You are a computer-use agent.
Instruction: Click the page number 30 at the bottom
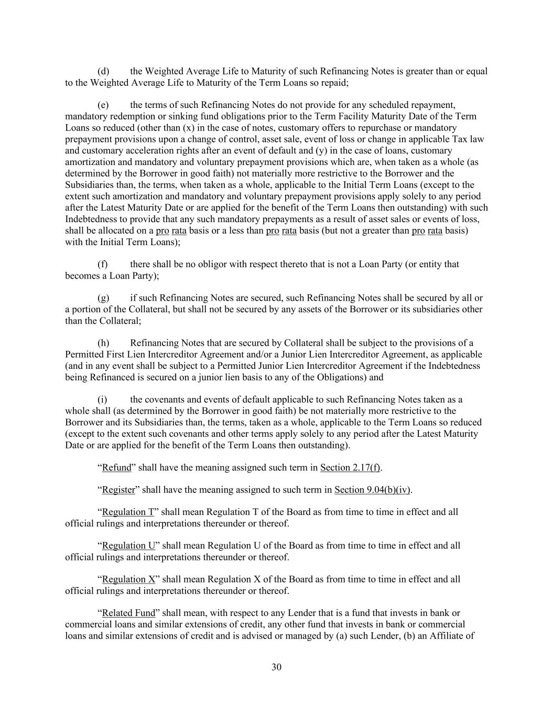coord(276,667)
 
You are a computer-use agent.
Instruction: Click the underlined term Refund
coord(116,467)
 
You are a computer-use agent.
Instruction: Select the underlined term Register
coord(118,490)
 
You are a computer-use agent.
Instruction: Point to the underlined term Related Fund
coord(128,612)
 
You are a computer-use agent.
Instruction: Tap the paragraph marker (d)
coord(103,71)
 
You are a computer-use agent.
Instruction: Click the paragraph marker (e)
coord(103,105)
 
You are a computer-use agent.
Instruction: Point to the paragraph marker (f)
coord(103,264)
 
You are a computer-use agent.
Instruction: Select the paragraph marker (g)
coord(103,298)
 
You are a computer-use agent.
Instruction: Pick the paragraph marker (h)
coord(103,343)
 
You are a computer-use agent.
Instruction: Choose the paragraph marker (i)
coord(103,399)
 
